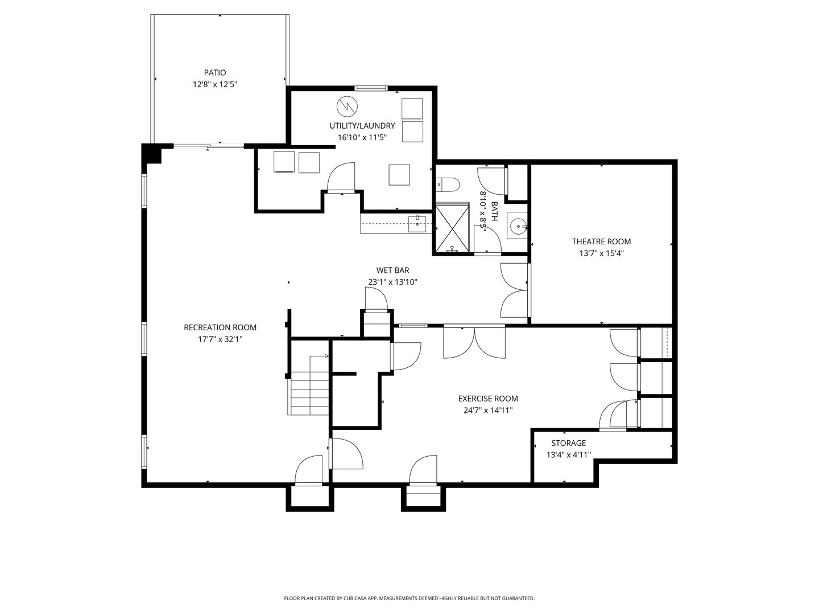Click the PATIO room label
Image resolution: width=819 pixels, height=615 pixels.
(x=215, y=72)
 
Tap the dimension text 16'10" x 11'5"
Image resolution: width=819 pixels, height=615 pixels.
(x=362, y=137)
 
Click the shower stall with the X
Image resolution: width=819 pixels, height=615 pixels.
(x=452, y=228)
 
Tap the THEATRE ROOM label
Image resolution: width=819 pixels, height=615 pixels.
(x=601, y=241)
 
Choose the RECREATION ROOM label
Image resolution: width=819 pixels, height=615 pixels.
(x=220, y=327)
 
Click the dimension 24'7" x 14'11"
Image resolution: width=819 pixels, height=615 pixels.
(x=488, y=410)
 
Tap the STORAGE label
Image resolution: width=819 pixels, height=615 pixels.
(x=568, y=443)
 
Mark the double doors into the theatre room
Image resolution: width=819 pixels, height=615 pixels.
(x=514, y=290)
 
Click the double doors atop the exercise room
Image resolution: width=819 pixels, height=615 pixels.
(x=474, y=342)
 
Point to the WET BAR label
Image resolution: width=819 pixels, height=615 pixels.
(x=392, y=270)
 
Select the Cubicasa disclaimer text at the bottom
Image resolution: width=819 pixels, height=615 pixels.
(x=409, y=598)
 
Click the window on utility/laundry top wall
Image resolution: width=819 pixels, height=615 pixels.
(x=371, y=88)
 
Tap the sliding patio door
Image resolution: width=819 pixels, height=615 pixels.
(x=209, y=146)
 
